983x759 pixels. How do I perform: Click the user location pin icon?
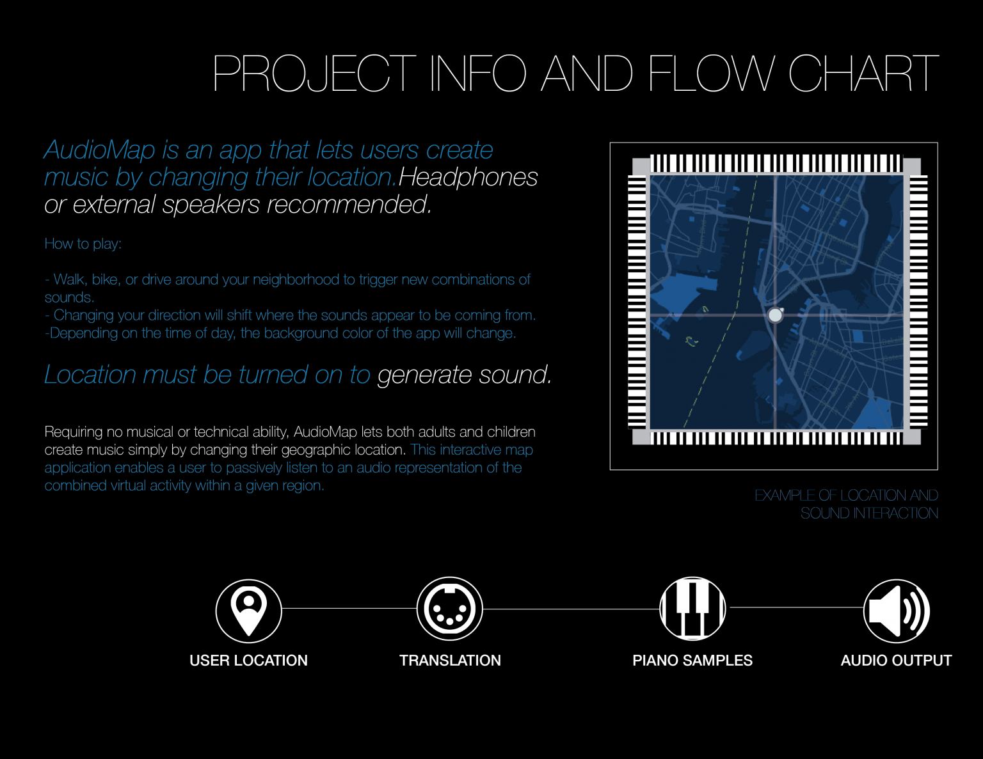(x=248, y=611)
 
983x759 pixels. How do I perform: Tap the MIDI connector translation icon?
(x=449, y=609)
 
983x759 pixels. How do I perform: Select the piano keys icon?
(x=692, y=608)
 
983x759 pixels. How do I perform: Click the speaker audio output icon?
(x=896, y=611)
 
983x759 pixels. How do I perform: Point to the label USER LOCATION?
(x=248, y=661)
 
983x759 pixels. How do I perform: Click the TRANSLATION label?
(x=450, y=661)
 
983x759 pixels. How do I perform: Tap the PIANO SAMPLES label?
(x=692, y=661)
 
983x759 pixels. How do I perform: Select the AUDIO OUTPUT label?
(x=896, y=661)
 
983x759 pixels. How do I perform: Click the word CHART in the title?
(x=863, y=73)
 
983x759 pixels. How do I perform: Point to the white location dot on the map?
(x=775, y=315)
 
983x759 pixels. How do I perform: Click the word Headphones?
(x=468, y=176)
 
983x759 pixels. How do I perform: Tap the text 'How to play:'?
(x=83, y=244)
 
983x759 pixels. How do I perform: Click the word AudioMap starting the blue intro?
(x=100, y=150)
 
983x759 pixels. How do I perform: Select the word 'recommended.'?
(x=349, y=204)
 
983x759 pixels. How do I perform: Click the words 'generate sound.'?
(x=465, y=375)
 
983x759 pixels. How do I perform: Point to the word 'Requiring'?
(x=74, y=432)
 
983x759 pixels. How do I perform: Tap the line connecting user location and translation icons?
(x=349, y=609)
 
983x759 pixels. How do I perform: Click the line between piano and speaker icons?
(x=796, y=607)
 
